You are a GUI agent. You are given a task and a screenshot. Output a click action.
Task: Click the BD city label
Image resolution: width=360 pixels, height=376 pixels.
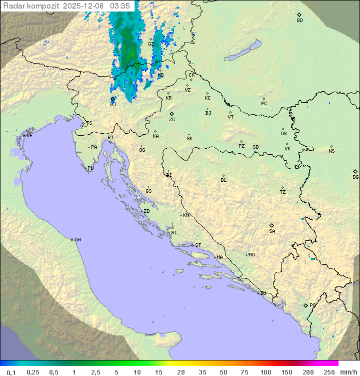click(x=299, y=21)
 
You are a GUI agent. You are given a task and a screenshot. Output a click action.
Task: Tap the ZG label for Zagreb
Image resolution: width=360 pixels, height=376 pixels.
click(x=172, y=120)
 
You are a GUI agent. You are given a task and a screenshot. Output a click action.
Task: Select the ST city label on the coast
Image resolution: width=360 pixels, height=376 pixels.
click(x=198, y=245)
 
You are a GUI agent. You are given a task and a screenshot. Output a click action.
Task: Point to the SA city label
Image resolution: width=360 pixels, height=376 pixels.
click(x=272, y=231)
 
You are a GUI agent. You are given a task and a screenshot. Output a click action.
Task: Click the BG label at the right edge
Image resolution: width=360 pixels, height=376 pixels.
click(x=355, y=177)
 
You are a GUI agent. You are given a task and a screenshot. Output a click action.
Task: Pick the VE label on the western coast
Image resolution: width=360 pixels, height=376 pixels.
click(x=29, y=136)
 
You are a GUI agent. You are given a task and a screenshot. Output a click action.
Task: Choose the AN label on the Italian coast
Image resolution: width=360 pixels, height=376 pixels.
click(x=77, y=240)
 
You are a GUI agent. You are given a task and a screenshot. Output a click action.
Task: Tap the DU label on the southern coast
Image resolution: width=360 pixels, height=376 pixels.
click(x=262, y=293)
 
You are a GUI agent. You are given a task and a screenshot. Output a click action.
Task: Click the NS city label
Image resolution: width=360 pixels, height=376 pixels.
click(x=331, y=151)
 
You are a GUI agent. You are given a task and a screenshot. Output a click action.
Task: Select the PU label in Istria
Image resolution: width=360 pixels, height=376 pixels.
click(x=90, y=168)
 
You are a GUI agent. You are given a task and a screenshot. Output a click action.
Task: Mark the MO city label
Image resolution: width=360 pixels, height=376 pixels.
click(x=251, y=255)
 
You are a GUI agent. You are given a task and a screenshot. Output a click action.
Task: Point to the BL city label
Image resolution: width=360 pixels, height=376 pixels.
click(x=223, y=180)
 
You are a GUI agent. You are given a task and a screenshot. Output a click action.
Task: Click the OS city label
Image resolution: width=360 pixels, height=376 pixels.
click(x=283, y=134)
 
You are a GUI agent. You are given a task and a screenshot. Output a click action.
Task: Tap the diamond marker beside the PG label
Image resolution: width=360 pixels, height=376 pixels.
click(x=305, y=305)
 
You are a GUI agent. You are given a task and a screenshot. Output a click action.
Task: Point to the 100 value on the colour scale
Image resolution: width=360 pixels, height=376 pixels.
click(x=265, y=372)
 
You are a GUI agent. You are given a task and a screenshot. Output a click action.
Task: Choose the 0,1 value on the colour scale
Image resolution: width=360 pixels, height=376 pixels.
click(x=11, y=372)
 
